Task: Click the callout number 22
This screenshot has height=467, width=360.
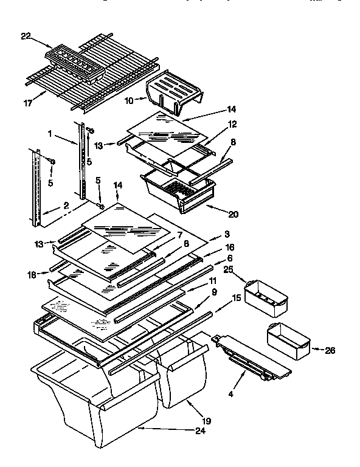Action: tap(25, 36)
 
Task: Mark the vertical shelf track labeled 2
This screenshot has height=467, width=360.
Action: tap(36, 188)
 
